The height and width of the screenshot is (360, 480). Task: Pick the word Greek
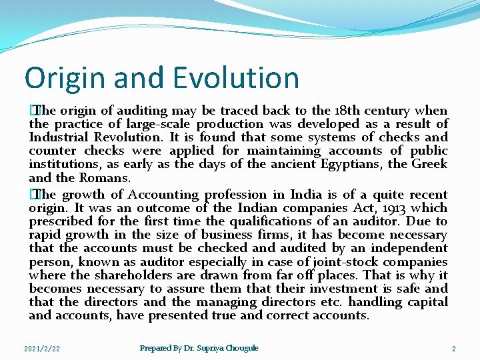pos(429,164)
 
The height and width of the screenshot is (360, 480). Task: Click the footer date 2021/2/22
pos(42,349)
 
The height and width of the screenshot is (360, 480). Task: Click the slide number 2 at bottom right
pos(453,349)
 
